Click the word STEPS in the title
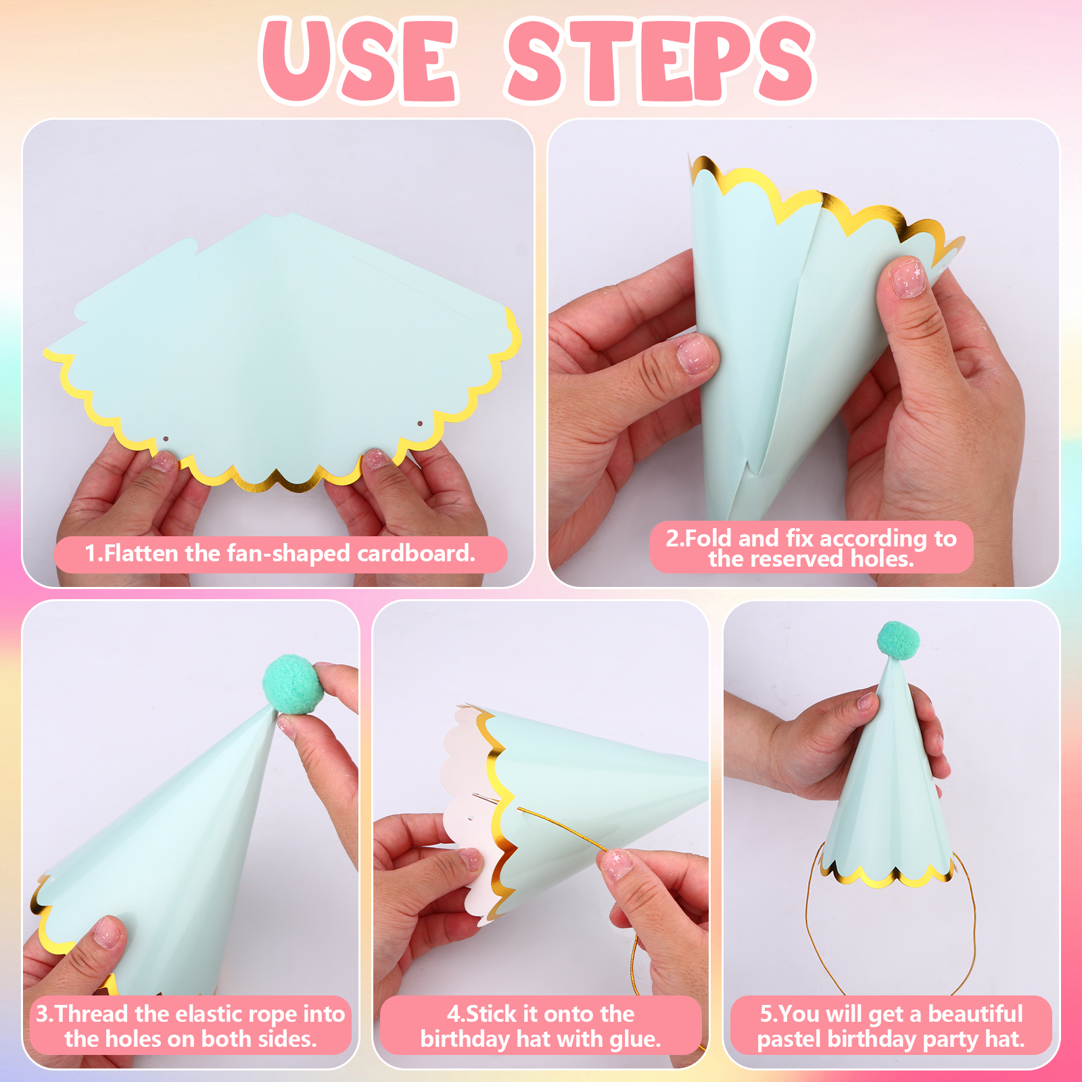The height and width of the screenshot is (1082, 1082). (x=661, y=61)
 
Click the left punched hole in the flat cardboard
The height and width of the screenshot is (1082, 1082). (x=165, y=439)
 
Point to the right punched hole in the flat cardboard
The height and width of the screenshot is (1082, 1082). (x=419, y=424)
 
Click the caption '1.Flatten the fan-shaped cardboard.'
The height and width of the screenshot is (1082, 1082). (x=280, y=554)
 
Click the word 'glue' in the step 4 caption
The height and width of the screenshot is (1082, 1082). (x=632, y=1039)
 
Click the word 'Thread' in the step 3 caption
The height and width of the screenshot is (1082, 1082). (x=92, y=1014)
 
